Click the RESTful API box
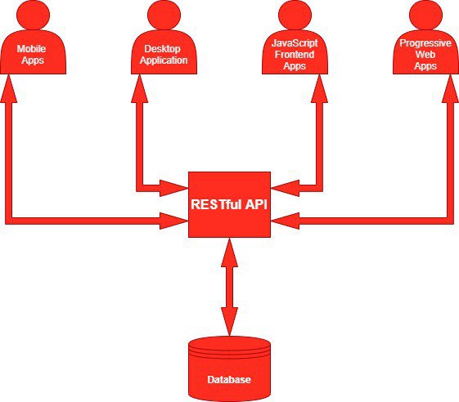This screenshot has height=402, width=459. [229, 204]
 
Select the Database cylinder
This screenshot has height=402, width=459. [229, 369]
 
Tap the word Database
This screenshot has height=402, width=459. [229, 379]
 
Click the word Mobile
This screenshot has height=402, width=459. [31, 48]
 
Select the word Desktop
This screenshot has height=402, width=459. [162, 49]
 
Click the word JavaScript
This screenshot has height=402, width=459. [295, 43]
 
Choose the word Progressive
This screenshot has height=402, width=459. [425, 43]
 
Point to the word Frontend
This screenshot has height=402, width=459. [295, 55]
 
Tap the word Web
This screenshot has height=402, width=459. [425, 55]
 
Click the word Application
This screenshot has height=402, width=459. [164, 60]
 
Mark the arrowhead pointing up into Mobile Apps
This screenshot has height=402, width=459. [9, 88]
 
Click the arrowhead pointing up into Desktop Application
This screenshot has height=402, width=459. [140, 88]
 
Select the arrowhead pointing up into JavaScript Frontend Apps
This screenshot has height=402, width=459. [319, 88]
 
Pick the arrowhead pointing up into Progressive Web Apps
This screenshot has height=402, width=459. [450, 88]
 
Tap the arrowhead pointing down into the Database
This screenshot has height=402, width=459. [229, 322]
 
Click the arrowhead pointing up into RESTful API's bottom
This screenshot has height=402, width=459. [229, 252]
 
